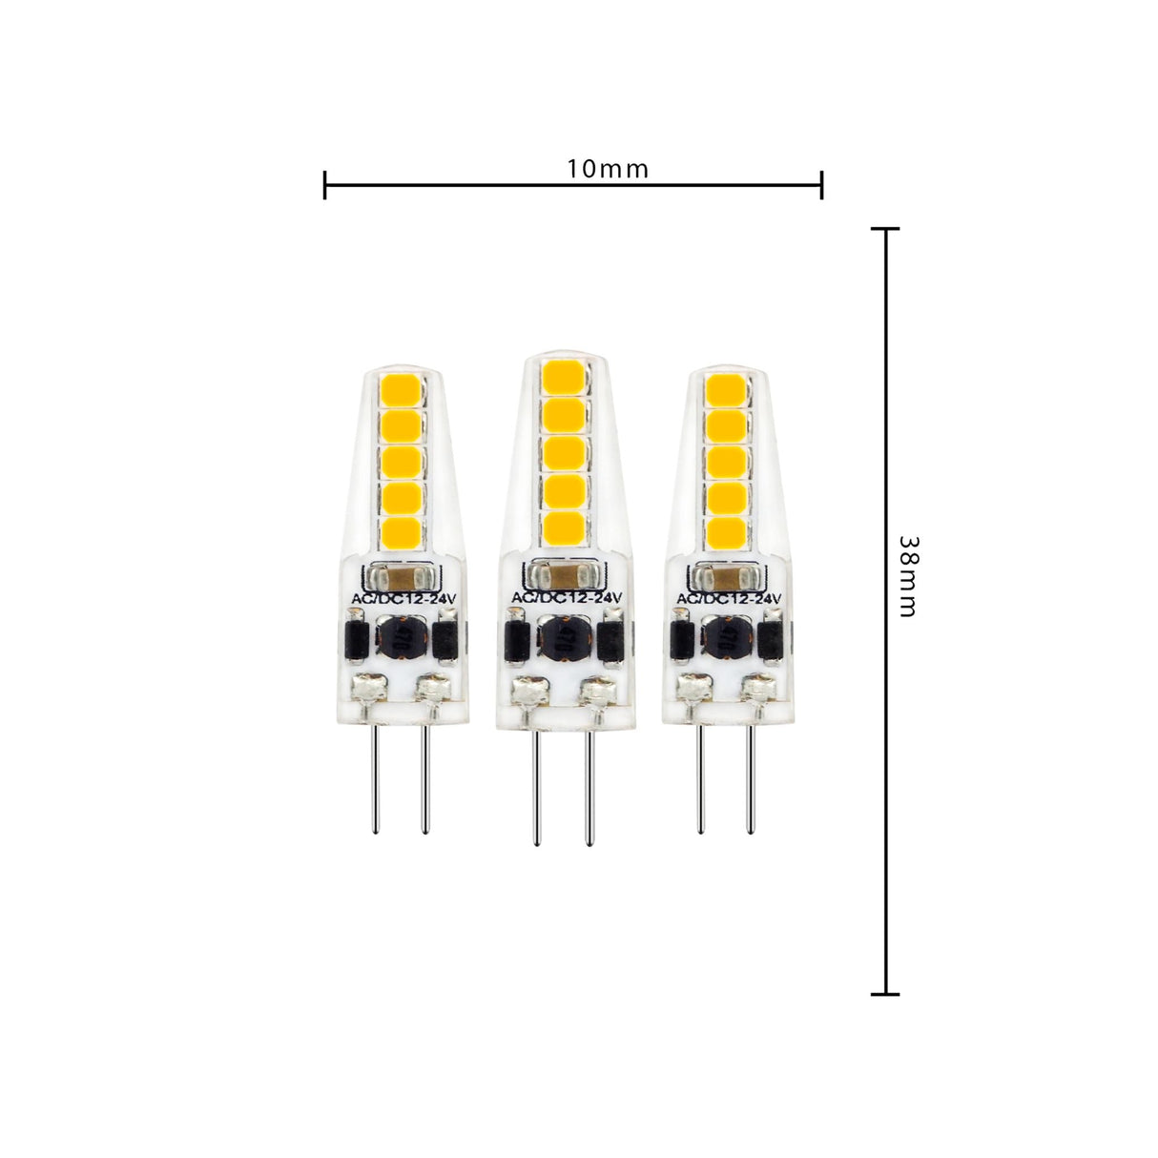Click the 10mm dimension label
[x=608, y=170]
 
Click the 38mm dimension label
[x=908, y=576]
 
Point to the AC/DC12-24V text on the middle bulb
[x=567, y=598]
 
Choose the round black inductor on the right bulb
[x=727, y=637]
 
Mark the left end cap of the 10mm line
[x=325, y=185]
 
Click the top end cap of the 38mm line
[x=885, y=230]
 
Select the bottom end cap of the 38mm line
[x=885, y=994]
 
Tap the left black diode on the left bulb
[x=355, y=640]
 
